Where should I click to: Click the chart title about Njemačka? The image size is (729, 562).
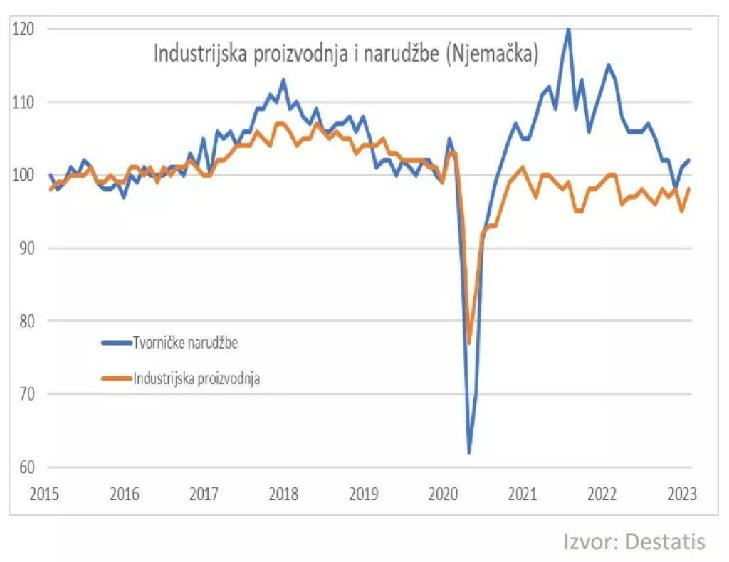point(346,55)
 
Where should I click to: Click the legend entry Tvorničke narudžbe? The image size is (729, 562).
point(184,342)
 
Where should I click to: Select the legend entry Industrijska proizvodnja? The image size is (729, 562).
point(196,378)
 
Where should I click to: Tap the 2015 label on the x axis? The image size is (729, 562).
point(44,493)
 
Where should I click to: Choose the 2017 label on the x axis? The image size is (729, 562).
point(204,493)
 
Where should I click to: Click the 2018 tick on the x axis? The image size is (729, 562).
point(283,493)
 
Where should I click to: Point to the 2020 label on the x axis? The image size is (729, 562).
point(444,493)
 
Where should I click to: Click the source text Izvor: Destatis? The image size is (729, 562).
point(634,541)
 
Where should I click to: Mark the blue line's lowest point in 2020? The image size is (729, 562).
point(469,452)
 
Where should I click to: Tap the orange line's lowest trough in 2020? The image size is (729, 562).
point(469,343)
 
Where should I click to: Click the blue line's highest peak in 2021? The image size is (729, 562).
point(567,28)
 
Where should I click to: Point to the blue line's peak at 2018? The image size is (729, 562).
point(283,80)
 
